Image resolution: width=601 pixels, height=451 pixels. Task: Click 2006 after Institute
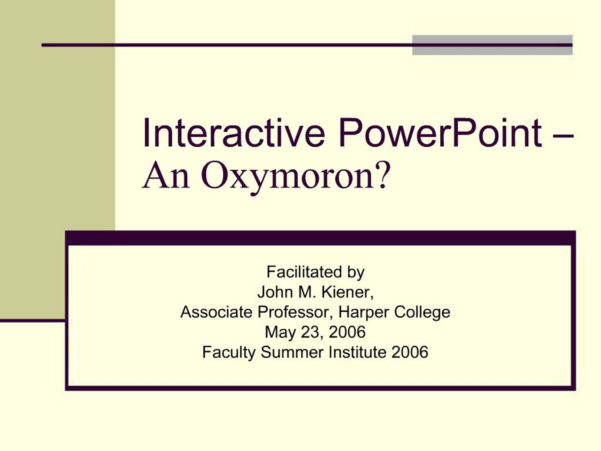click(x=410, y=352)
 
